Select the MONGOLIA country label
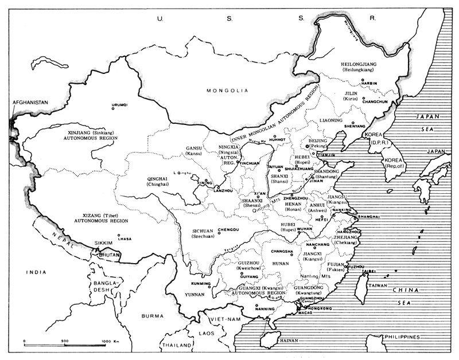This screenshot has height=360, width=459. tap(227, 91)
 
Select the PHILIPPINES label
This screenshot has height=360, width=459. tap(403, 337)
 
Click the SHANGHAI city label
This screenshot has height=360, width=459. tap(368, 217)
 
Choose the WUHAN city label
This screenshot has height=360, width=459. tap(304, 228)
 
